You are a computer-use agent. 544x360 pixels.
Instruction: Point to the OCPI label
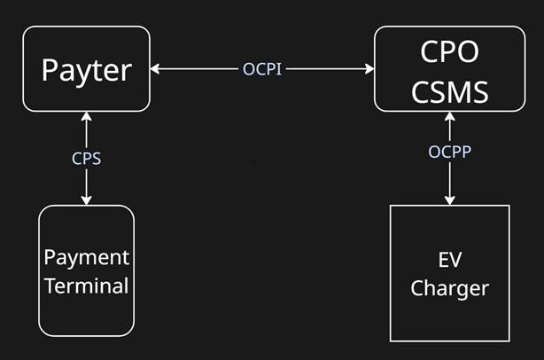coord(262,68)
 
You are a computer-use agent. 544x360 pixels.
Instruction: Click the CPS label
coord(86,158)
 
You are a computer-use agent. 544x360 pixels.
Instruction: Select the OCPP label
coord(449,151)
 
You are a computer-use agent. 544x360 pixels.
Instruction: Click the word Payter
coord(86,69)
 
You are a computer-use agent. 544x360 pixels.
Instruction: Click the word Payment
coord(87,257)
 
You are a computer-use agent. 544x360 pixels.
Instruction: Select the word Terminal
coord(87,286)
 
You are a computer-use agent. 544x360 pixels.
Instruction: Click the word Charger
coord(450,288)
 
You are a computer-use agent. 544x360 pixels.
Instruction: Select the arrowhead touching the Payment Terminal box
coord(86,200)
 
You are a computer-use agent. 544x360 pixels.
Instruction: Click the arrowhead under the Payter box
coord(86,117)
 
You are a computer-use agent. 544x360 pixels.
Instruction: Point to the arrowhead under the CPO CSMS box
coord(449,118)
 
